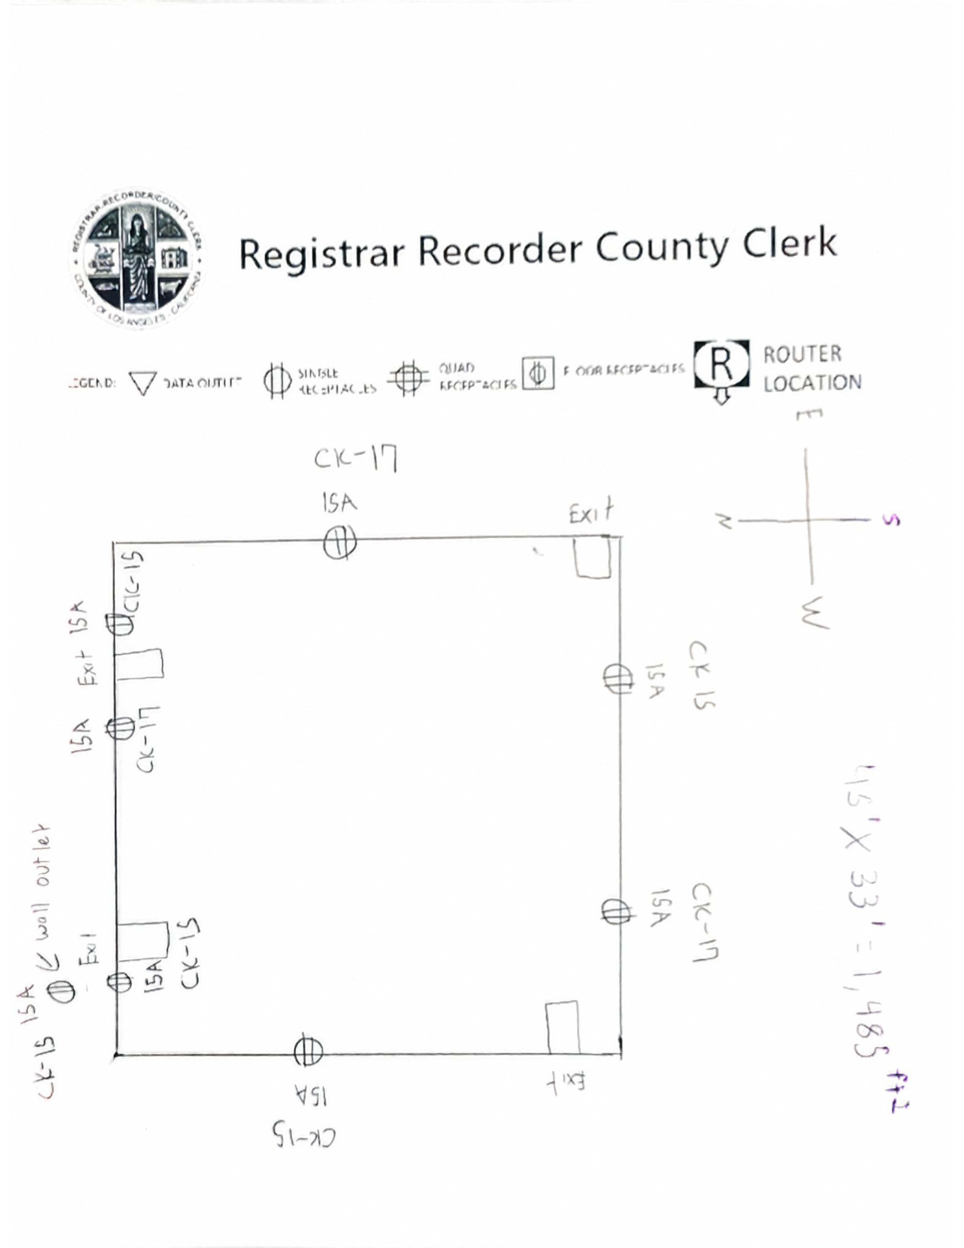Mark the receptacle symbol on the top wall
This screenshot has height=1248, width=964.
(339, 542)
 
